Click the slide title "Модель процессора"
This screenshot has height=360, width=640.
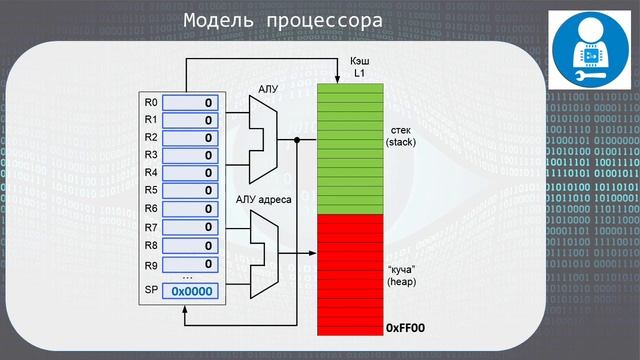tap(284, 22)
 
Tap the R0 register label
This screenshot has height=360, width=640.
tap(151, 102)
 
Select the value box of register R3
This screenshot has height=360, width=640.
tap(189, 155)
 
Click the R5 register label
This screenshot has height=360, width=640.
tap(151, 190)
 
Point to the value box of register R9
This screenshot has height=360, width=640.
tap(189, 263)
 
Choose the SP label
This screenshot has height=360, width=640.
tap(151, 291)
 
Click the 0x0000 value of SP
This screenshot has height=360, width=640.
tap(189, 291)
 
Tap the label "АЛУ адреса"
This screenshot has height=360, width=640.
tap(264, 200)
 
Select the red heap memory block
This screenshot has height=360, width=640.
tap(351, 275)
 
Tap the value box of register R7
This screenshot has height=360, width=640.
tap(189, 228)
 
